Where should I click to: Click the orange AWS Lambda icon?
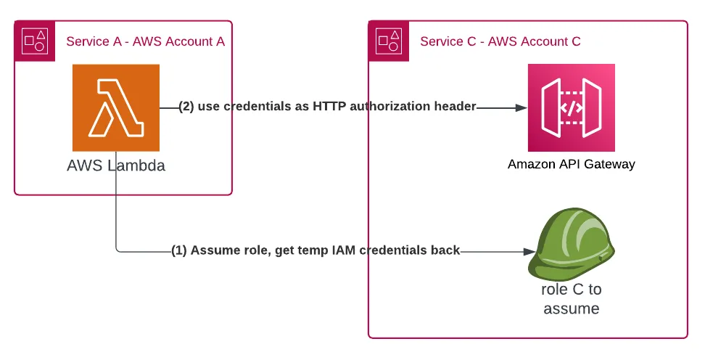click(115, 107)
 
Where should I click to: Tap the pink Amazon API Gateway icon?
click(571, 107)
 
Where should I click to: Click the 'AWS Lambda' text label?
click(116, 165)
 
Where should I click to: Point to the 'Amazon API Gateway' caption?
click(571, 164)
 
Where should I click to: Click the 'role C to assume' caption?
click(571, 299)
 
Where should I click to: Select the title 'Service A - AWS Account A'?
click(145, 41)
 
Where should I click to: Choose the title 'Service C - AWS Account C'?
click(500, 41)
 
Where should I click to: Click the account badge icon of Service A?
click(34, 40)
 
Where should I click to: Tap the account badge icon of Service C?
click(388, 40)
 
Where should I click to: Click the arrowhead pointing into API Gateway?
click(521, 107)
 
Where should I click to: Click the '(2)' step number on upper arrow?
click(186, 107)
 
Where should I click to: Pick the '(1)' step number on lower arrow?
click(179, 250)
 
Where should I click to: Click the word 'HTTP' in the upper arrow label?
click(329, 107)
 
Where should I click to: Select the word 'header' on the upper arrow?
click(454, 107)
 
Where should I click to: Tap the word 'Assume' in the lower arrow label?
click(214, 250)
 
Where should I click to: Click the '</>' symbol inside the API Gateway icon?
click(571, 107)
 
